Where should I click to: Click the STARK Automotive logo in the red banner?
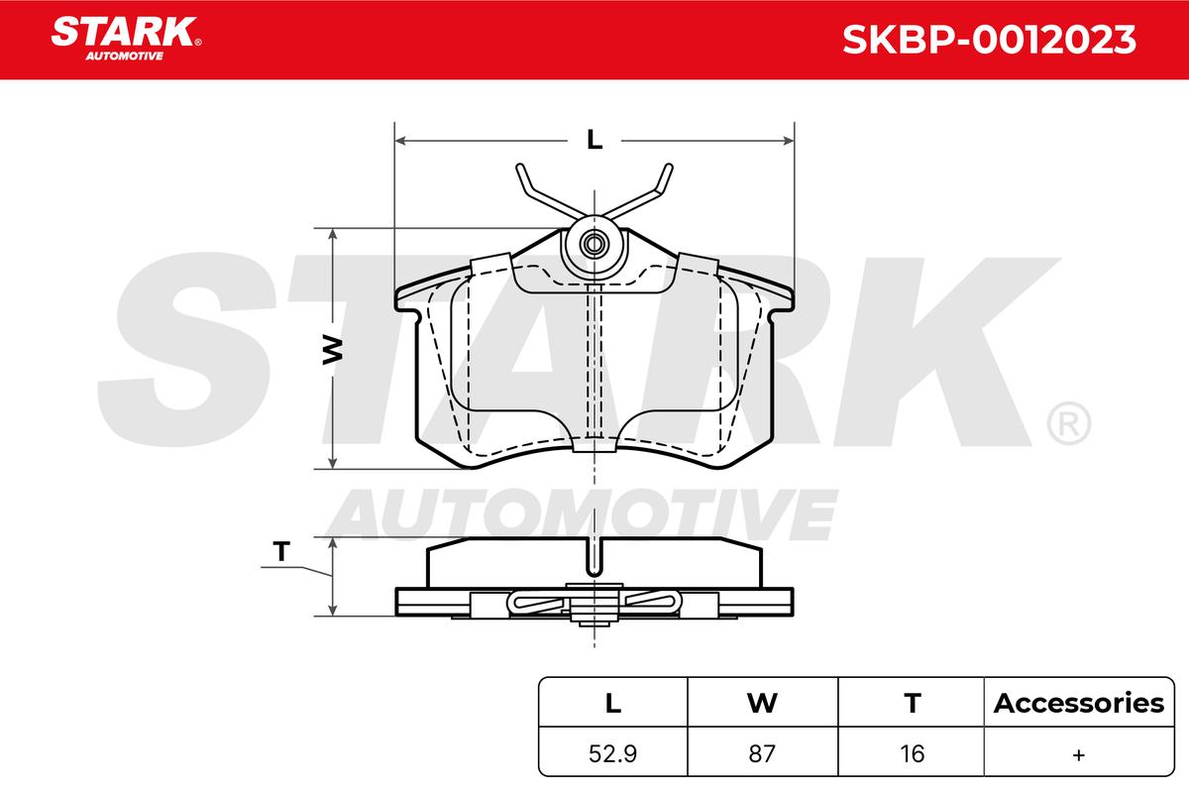coord(125,39)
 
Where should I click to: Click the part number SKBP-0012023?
coord(990,40)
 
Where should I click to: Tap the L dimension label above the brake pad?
coord(594,140)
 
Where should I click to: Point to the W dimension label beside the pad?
coord(333,350)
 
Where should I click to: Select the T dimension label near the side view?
coord(281,551)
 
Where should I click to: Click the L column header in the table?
coord(613,703)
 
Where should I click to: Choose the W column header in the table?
coord(762,703)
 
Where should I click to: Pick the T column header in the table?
coord(913,703)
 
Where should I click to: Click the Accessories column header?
coord(1079,703)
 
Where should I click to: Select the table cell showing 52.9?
coord(612,753)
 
